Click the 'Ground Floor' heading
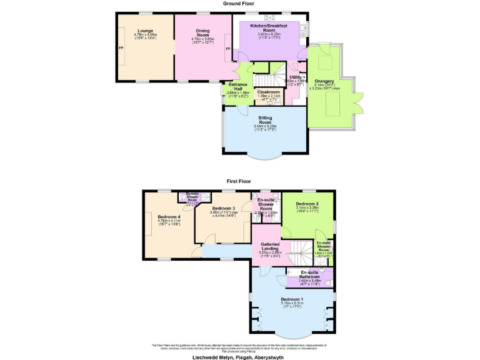pos(240,3)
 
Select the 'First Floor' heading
pos(240,181)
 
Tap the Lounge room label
pos(146,31)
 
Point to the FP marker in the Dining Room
pos(228,48)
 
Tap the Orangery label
pos(324,81)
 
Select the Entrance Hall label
pos(237,87)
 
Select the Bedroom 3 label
pos(223,208)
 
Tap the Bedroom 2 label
pos(307,204)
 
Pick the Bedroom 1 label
pos(292,299)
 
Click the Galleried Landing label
pos(271,246)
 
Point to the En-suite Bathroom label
pos(310,274)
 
